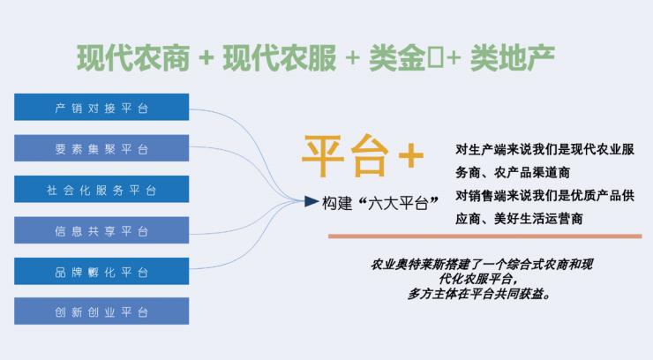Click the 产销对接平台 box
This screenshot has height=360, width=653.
[101, 107]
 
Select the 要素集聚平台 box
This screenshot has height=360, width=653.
[101, 148]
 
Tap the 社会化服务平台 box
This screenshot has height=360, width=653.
[101, 190]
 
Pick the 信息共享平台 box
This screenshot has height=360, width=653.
[101, 231]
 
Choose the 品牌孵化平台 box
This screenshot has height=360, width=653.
[101, 272]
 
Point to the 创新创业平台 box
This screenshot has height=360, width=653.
[101, 312]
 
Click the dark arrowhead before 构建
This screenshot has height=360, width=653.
[311, 201]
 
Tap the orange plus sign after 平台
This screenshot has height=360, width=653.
[410, 157]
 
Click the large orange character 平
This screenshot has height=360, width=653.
[323, 156]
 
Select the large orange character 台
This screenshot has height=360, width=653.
[368, 156]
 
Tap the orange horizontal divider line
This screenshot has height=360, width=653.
[484, 236]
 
